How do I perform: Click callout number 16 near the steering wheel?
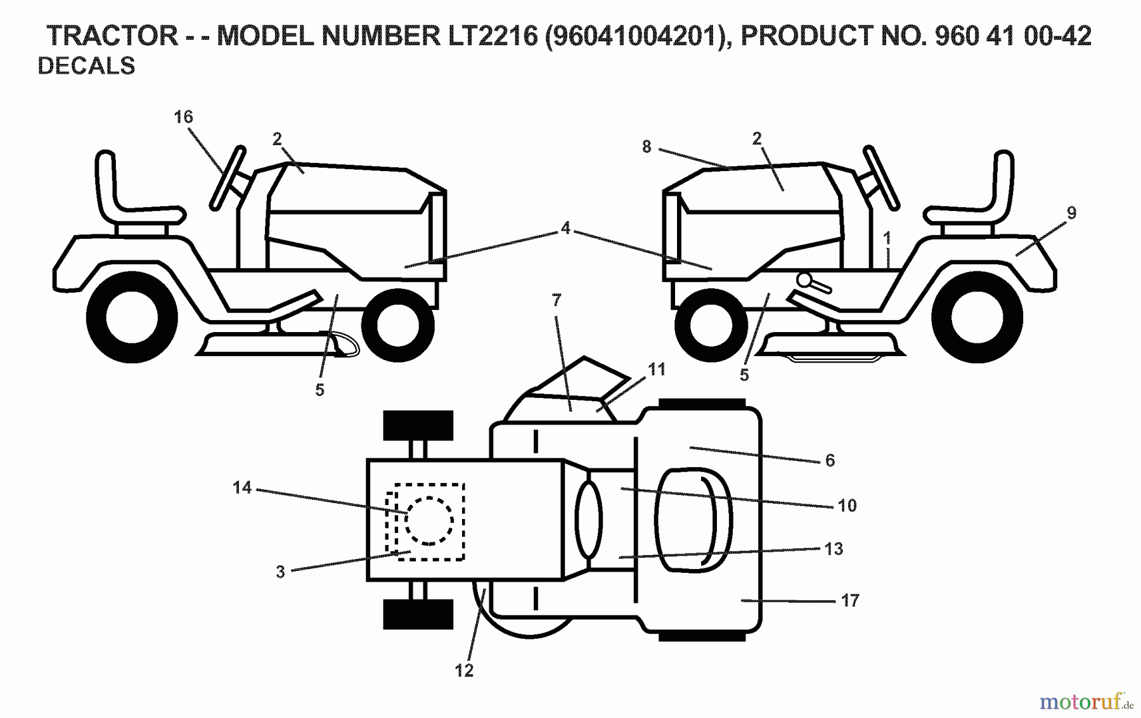click(x=183, y=117)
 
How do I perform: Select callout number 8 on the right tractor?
click(x=646, y=147)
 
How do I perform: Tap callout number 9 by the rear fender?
click(x=1071, y=214)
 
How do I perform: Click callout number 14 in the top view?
click(x=242, y=487)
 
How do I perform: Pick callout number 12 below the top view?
click(x=464, y=670)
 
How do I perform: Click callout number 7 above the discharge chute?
click(x=557, y=300)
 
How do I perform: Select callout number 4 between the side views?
click(x=565, y=228)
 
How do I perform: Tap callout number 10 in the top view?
click(x=847, y=506)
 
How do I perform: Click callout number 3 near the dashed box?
click(x=280, y=572)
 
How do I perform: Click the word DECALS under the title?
click(x=87, y=66)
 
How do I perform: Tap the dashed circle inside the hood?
click(x=429, y=520)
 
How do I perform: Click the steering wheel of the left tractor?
click(x=228, y=178)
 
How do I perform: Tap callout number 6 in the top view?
click(x=830, y=461)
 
